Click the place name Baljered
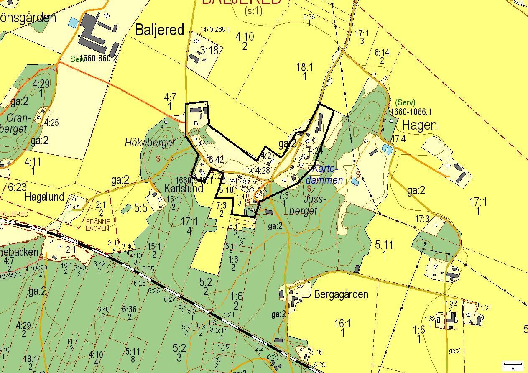[x=160, y=30]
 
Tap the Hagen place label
[x=419, y=125]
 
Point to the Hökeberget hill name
[x=150, y=143]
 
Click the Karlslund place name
[x=184, y=188]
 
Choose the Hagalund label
[x=44, y=197]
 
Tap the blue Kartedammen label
[x=324, y=175]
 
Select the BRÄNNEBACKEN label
[x=97, y=225]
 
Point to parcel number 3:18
[x=209, y=51]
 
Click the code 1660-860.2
[x=97, y=59]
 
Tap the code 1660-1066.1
[x=411, y=112]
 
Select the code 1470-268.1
[x=215, y=30]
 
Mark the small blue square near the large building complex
[x=74, y=22]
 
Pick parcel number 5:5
[x=141, y=208]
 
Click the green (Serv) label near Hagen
[x=405, y=102]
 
